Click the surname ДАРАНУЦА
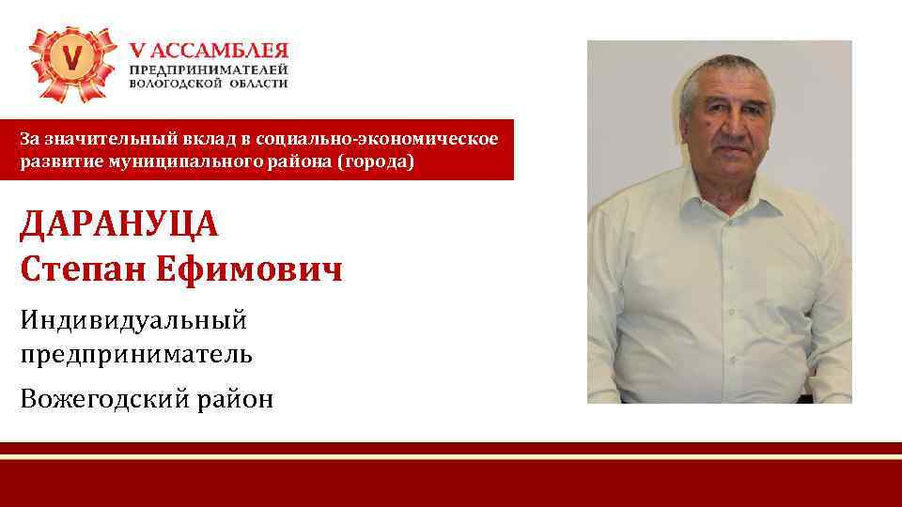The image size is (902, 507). click(x=118, y=225)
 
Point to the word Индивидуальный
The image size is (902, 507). click(x=133, y=321)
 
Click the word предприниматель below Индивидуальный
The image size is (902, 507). click(x=135, y=355)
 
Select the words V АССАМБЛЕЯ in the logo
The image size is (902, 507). click(x=209, y=51)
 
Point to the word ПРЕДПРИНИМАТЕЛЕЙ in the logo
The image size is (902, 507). click(x=209, y=70)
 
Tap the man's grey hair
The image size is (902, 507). click(x=723, y=70)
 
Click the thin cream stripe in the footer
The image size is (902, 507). click(x=451, y=455)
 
